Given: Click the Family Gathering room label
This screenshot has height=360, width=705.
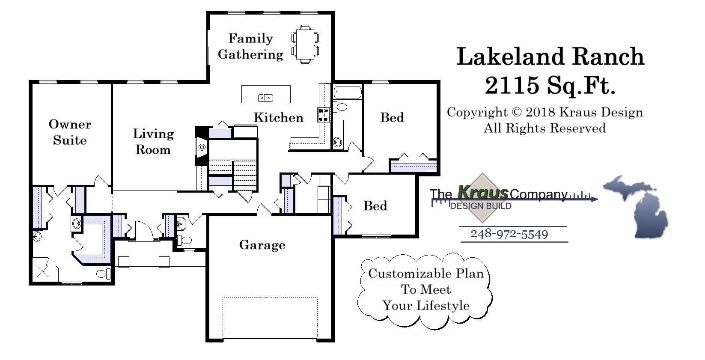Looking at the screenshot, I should (x=250, y=46).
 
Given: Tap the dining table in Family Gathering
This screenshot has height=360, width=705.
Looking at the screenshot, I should (x=305, y=44).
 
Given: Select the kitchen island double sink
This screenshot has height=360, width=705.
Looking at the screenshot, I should (x=265, y=98).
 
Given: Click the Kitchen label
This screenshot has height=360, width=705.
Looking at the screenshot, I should (x=278, y=117).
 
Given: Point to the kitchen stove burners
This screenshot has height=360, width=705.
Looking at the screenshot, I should (x=323, y=114).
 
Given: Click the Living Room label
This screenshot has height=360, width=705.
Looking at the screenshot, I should (x=153, y=141).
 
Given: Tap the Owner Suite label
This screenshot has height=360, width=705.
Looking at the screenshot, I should (x=70, y=132).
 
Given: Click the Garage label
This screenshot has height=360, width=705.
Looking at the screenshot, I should (x=262, y=245).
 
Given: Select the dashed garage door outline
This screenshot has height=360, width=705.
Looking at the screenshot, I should (x=270, y=318).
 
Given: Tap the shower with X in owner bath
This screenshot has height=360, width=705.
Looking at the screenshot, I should (x=42, y=271).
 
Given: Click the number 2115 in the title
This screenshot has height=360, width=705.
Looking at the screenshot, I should (x=512, y=85).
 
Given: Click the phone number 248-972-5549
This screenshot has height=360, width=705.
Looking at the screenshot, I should (x=509, y=234).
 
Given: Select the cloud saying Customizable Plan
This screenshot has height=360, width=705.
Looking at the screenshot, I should (x=425, y=290).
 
